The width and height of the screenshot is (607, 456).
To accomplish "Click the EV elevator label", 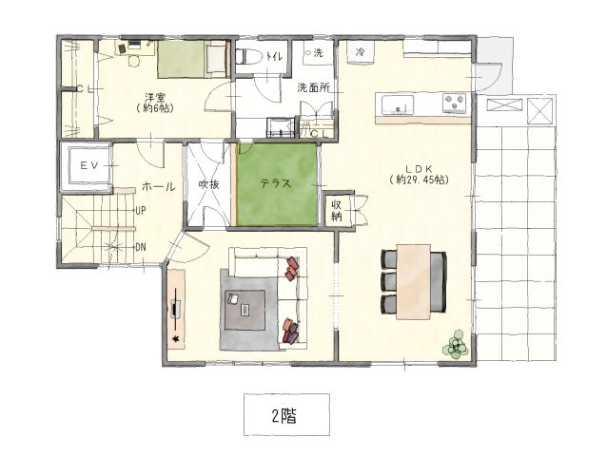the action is tap(89, 165).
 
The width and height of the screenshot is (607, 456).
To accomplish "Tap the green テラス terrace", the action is tap(277, 184).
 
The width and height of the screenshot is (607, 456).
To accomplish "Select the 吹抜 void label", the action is tap(209, 184).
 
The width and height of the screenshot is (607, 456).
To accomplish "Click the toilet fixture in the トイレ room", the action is tap(248, 56).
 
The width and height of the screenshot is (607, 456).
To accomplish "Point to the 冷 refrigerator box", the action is tap(361, 51).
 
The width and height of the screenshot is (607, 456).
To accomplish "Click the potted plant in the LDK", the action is tap(457, 344).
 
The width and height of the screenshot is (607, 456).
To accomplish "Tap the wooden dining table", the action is tap(414, 282).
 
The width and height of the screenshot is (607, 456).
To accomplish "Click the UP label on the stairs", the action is tap(141, 211).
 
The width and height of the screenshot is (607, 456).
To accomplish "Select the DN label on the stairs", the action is tap(141, 247).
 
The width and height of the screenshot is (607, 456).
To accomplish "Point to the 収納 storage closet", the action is tap(337, 211).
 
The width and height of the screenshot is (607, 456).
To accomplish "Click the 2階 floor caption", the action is tap(284, 416).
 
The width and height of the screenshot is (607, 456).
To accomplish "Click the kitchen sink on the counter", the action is tap(398, 104).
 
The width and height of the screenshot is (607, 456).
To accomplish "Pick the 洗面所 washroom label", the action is tap(314, 87).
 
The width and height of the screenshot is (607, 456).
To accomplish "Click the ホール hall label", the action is tap(159, 187).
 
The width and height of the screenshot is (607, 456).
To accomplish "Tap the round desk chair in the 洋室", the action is tap(133, 62).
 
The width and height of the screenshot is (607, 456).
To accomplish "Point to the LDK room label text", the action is tap(419, 168).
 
